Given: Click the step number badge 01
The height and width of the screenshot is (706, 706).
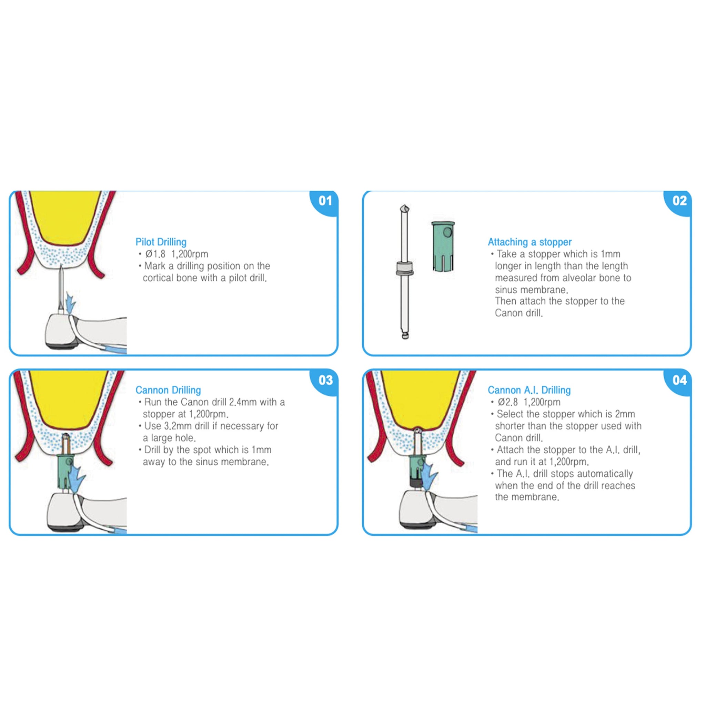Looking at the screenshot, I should [325, 201].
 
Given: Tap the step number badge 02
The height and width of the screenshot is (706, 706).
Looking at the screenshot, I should [679, 201].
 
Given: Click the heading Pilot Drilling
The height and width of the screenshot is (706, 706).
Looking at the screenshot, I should [161, 242].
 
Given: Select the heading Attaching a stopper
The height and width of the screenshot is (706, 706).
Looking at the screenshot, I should [529, 242].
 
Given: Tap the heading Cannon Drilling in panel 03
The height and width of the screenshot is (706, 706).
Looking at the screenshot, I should [168, 390].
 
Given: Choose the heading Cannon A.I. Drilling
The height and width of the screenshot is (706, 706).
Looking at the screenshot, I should [529, 390].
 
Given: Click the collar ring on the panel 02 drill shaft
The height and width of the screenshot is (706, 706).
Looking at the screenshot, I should [404, 268].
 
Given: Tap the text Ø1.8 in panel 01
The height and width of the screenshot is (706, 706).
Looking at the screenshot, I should [155, 254].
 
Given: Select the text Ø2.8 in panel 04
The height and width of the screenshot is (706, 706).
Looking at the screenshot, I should [507, 402].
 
